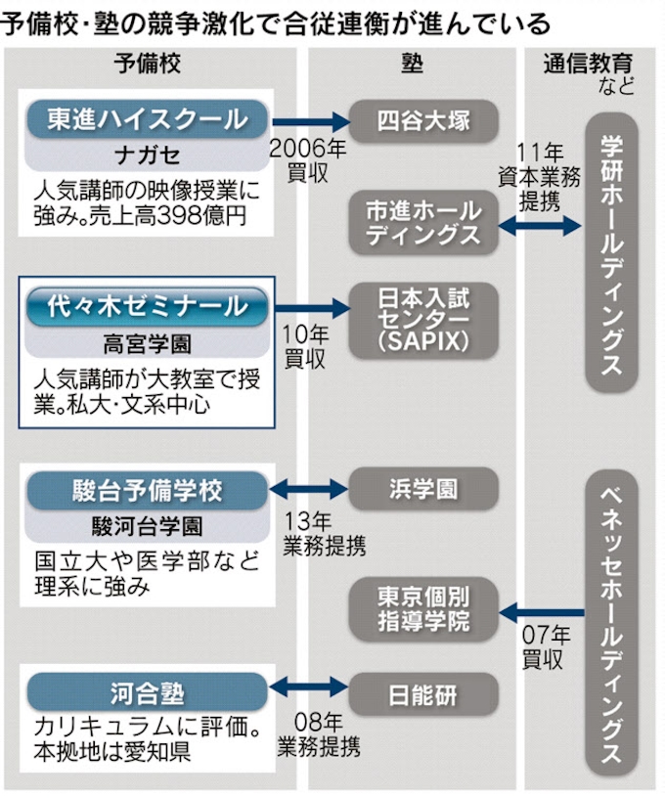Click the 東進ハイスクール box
tap(147, 119)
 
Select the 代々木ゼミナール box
tap(147, 307)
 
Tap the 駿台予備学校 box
tap(147, 489)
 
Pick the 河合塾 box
tap(147, 693)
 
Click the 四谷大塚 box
tap(423, 121)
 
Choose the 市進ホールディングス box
tap(423, 224)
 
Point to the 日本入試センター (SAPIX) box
tap(423, 319)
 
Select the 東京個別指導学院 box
tap(423, 607)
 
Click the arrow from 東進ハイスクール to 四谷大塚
tap(309, 122)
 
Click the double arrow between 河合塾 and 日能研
tap(309, 687)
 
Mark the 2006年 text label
tap(307, 150)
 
